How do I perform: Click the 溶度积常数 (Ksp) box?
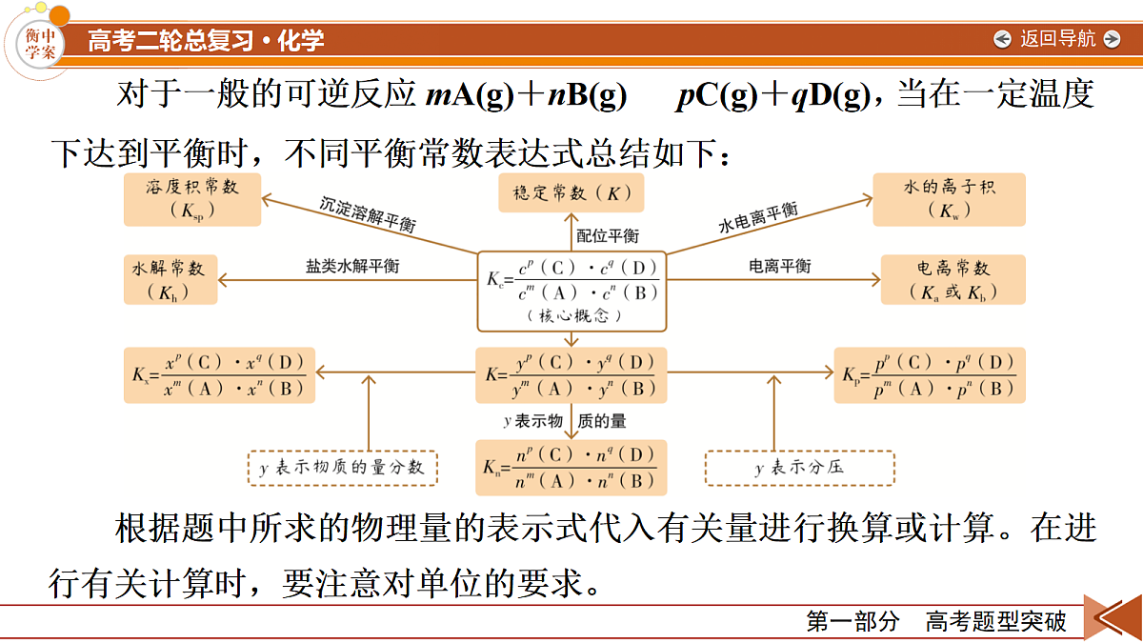[192, 199]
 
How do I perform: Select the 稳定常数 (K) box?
[571, 192]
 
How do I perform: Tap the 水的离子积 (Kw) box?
[949, 199]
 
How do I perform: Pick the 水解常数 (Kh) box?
[170, 280]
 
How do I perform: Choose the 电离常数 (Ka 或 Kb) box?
[953, 280]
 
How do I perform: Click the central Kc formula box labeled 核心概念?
[571, 291]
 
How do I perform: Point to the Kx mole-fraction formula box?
[219, 375]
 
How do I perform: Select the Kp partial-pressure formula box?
[930, 375]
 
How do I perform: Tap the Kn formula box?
[571, 468]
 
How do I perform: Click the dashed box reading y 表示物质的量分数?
[342, 468]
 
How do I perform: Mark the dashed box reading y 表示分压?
[799, 468]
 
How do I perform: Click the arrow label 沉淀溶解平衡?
[368, 214]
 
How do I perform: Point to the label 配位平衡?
[608, 236]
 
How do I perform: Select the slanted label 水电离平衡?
[758, 217]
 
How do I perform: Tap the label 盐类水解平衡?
[352, 266]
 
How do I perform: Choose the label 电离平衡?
[779, 266]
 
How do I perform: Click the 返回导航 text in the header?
[1058, 39]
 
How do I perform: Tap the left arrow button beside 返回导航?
[1002, 39]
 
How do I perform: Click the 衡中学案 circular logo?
[40, 44]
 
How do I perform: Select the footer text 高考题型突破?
[996, 621]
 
